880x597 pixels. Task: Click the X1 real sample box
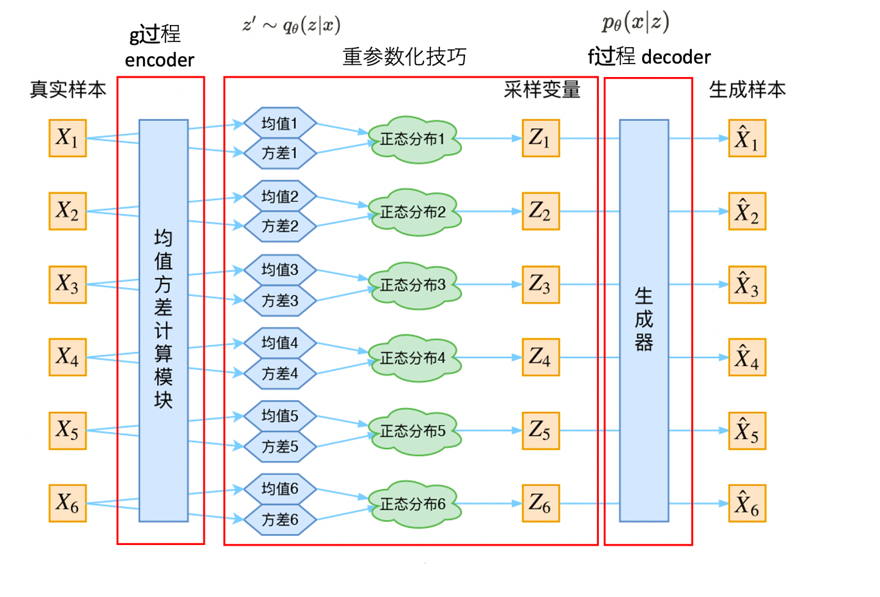pos(67,139)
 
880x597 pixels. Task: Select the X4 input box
pos(67,357)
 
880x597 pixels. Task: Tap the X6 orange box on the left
pos(67,504)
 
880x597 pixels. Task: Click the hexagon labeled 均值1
pos(280,123)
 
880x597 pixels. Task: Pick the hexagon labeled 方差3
pos(280,301)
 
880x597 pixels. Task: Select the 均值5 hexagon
pos(280,416)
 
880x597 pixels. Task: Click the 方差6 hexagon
pos(280,520)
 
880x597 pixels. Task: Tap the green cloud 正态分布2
pos(414,212)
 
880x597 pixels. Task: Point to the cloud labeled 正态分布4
pos(414,358)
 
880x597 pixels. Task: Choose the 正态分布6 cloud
pos(414,504)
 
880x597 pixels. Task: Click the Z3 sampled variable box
pos(540,285)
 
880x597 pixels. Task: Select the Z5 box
pos(540,431)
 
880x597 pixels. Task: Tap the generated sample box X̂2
pos(747,211)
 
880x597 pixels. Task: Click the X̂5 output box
pos(747,431)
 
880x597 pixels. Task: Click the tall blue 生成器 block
pos(643,320)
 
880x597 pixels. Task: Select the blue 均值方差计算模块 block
pos(163,320)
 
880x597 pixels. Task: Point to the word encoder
pos(159,60)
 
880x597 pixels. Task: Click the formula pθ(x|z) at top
pos(636,23)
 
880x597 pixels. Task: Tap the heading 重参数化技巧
pos(404,57)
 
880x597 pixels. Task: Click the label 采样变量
pos(541,90)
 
